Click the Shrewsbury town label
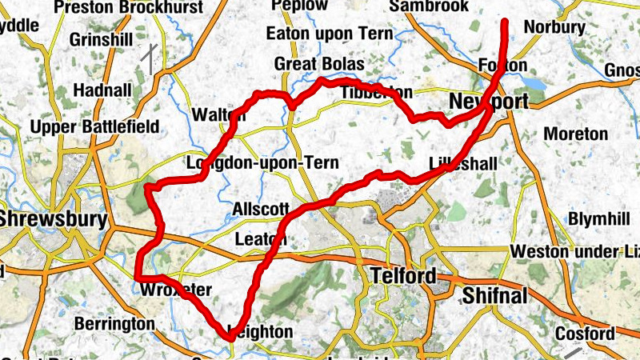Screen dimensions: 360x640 53,218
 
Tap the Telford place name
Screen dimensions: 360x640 404,277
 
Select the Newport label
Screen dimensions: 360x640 488,102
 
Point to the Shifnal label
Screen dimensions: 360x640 495,296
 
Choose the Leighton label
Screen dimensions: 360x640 261,330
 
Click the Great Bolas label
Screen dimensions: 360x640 318,64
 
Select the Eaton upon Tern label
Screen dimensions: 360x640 329,34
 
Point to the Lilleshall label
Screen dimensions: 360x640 463,163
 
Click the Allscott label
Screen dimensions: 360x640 260,210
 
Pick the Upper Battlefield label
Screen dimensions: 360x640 94,127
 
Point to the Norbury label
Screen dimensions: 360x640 554,27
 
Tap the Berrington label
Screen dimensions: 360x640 114,324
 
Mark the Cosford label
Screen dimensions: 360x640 587,334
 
